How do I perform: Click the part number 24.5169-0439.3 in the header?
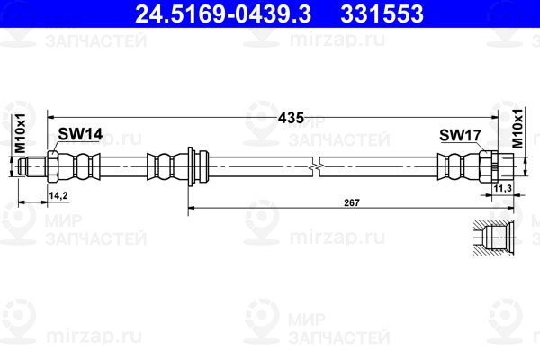pos(223,13)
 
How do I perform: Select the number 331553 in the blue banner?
pos(382,13)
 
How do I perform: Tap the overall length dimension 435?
pos(291,118)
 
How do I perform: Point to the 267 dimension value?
pos(352,202)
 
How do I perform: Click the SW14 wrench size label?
pos(80,134)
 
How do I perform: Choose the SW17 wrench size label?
pos(460,135)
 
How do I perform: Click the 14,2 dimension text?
pos(58,195)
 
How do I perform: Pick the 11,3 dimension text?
pos(502,188)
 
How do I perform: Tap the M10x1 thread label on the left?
pos(21,133)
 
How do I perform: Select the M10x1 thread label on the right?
pos(517,128)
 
